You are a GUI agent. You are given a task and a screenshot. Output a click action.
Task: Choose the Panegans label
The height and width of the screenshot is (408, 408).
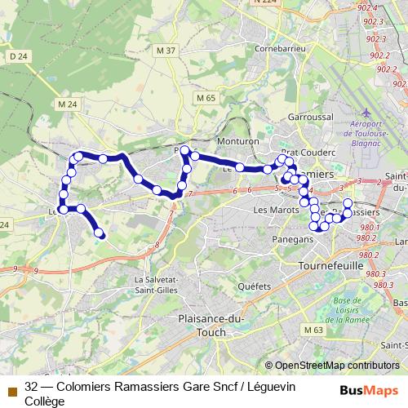tap(295, 240)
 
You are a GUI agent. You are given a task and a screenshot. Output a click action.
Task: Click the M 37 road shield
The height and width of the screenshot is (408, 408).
tap(166, 51)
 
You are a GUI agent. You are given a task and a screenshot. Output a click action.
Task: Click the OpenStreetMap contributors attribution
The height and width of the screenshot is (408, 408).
tap(337, 366)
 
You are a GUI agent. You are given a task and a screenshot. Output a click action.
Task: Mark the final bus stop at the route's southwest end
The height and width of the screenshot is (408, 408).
tap(100, 233)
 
